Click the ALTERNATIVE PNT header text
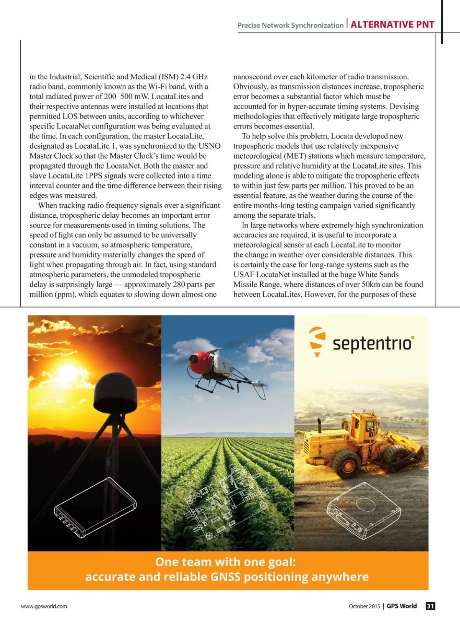point(392,25)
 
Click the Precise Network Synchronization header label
point(290,25)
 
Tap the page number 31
point(430,606)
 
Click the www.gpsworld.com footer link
point(44,606)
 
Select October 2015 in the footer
point(364,606)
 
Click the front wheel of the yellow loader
point(347,464)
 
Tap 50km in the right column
point(371,284)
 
